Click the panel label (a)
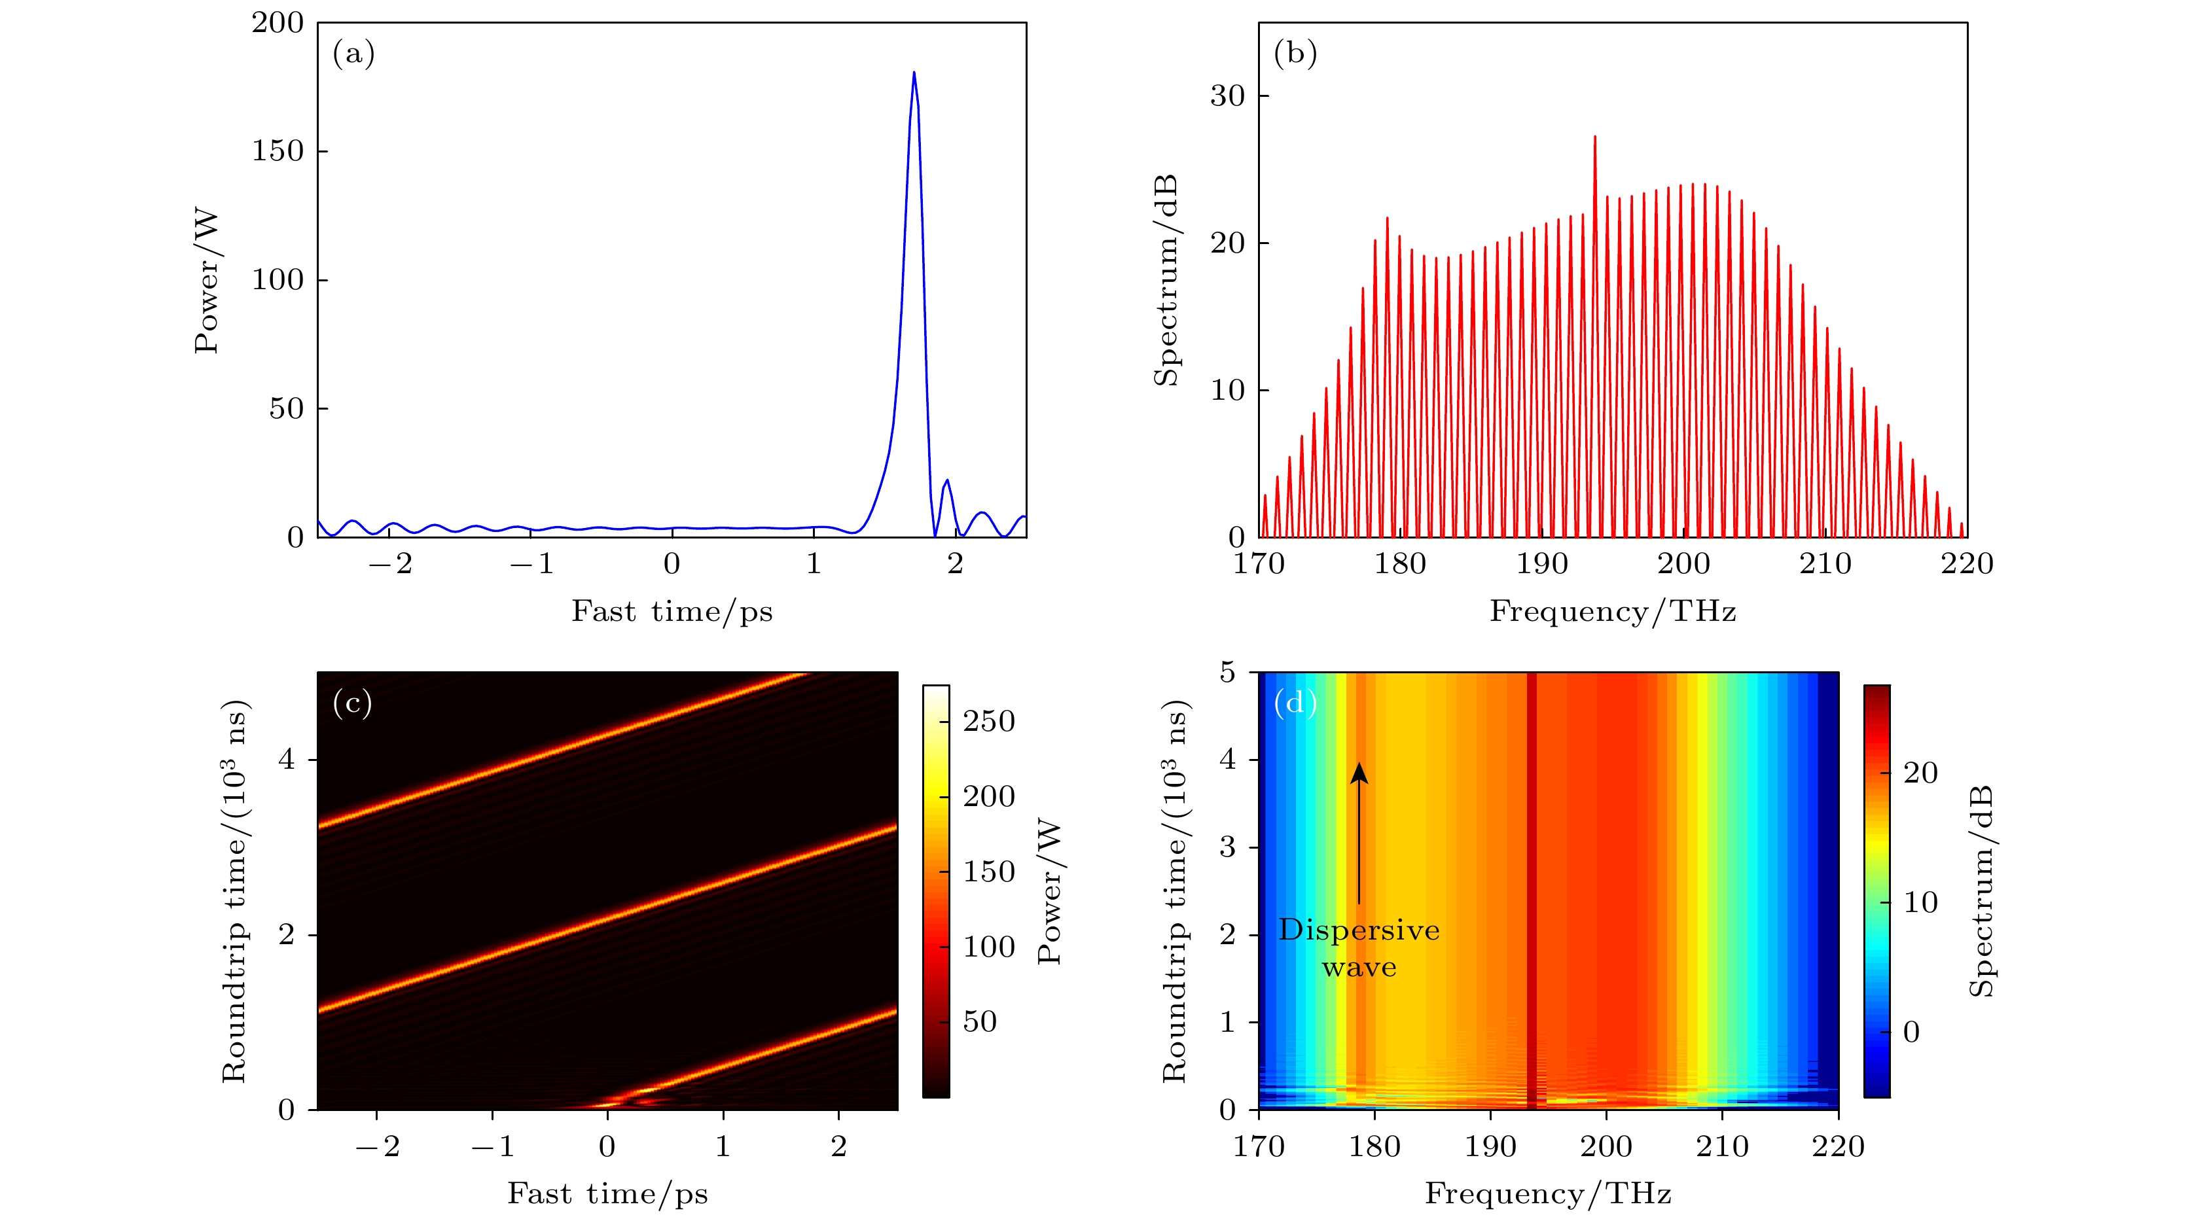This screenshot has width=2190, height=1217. coord(353,54)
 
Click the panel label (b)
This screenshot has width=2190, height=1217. coord(1295,54)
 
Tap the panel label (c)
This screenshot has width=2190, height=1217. coord(352,703)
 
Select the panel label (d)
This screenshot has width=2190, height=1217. coord(1295,703)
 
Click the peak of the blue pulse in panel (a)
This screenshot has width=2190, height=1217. coord(914,74)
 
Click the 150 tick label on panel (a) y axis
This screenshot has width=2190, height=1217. coord(277,151)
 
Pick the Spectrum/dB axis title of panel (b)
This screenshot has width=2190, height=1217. coord(1166,281)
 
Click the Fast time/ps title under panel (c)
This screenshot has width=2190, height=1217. coord(607,1193)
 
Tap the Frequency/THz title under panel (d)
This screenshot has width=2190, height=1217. coord(1548,1193)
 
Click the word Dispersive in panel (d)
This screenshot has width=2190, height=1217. coord(1359,930)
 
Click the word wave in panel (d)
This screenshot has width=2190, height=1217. coord(1359,967)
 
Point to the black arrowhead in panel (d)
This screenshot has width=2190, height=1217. coord(1359,771)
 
